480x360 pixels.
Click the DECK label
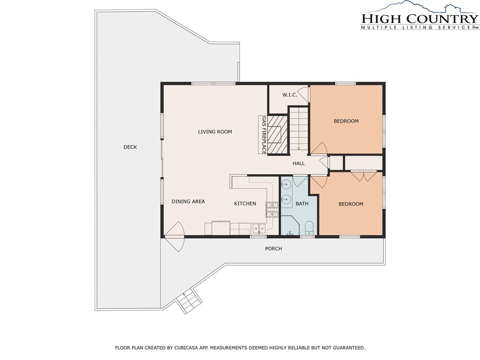click(x=130, y=147)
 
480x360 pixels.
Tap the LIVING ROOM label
click(x=215, y=132)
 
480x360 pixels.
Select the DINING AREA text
click(x=188, y=202)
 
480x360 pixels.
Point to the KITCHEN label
click(x=245, y=203)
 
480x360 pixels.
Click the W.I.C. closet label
click(x=290, y=95)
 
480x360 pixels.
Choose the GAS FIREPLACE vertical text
click(x=264, y=135)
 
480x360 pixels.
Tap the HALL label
click(x=299, y=164)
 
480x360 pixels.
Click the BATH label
click(x=302, y=203)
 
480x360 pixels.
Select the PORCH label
click(x=273, y=248)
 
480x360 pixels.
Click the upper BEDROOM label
click(x=346, y=121)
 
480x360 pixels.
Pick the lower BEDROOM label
click(x=351, y=204)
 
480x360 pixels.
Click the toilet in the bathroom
click(x=309, y=228)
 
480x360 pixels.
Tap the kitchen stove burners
click(x=272, y=210)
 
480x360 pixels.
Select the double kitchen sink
click(x=259, y=228)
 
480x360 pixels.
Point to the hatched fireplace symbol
click(x=277, y=135)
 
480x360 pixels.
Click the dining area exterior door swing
click(x=174, y=236)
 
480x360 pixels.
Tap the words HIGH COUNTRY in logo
click(x=420, y=19)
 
